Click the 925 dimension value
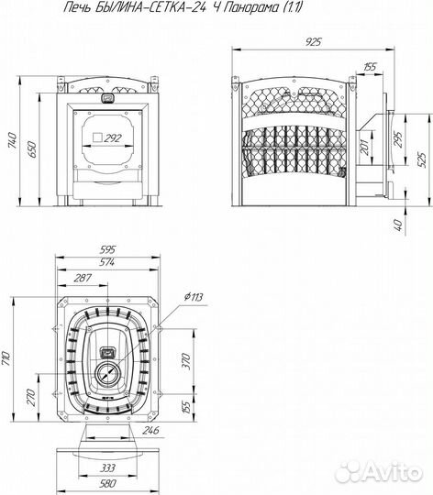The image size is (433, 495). point(314,41)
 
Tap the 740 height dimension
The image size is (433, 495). point(13,140)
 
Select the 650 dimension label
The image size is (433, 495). point(32,149)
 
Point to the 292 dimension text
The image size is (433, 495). point(113,138)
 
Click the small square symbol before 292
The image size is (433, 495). point(97,137)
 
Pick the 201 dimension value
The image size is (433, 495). point(365,147)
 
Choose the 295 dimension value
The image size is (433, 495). point(398,139)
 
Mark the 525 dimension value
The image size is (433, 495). point(422,159)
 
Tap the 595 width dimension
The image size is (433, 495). point(107,249)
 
